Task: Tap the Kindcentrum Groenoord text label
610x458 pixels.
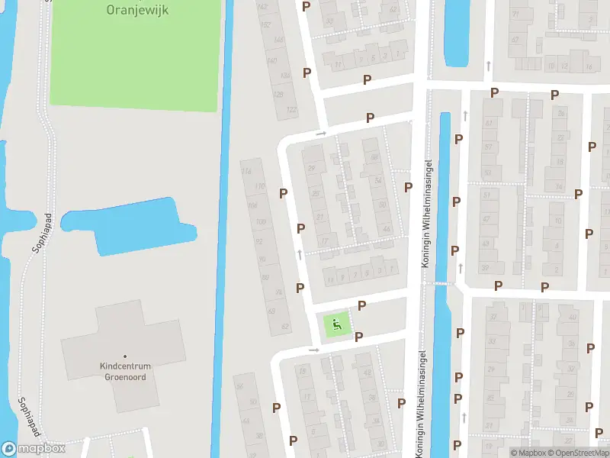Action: (125, 371)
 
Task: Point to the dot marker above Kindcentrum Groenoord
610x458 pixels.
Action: (125, 356)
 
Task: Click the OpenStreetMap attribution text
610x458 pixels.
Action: (579, 453)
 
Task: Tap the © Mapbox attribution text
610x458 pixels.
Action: (528, 453)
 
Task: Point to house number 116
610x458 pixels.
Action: (246, 171)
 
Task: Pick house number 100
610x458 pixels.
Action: (261, 222)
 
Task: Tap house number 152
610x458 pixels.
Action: (266, 24)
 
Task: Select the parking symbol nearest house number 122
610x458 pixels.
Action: (307, 73)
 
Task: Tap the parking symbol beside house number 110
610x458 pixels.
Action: (283, 194)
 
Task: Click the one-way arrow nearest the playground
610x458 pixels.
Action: (313, 350)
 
